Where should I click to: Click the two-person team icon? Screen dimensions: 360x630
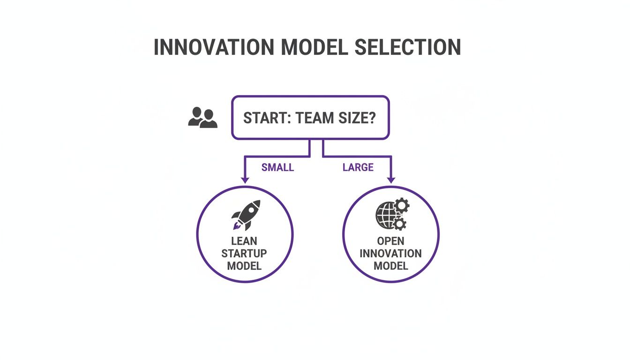pyautogui.click(x=202, y=118)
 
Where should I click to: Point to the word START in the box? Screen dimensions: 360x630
pyautogui.click(x=262, y=118)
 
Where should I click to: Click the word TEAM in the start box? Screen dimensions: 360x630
pyautogui.click(x=311, y=118)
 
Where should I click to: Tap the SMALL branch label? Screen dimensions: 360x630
pyautogui.click(x=277, y=167)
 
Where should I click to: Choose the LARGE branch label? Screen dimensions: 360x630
pyautogui.click(x=358, y=167)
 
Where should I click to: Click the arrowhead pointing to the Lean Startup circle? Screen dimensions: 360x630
pyautogui.click(x=244, y=180)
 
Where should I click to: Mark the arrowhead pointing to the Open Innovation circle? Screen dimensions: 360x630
pyautogui.click(x=391, y=180)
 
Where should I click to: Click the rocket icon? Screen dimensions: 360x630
pyautogui.click(x=245, y=215)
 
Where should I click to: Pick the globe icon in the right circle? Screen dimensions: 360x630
pyautogui.click(x=386, y=215)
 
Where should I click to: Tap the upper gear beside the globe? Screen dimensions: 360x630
pyautogui.click(x=402, y=205)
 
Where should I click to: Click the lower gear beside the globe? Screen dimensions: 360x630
pyautogui.click(x=399, y=224)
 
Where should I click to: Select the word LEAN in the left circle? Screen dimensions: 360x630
pyautogui.click(x=244, y=241)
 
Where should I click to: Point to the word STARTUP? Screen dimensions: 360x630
pyautogui.click(x=244, y=254)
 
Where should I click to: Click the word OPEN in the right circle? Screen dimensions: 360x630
pyautogui.click(x=390, y=241)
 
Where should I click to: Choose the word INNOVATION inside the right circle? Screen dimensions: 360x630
pyautogui.click(x=390, y=254)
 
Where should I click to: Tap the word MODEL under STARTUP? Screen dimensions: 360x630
pyautogui.click(x=244, y=266)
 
